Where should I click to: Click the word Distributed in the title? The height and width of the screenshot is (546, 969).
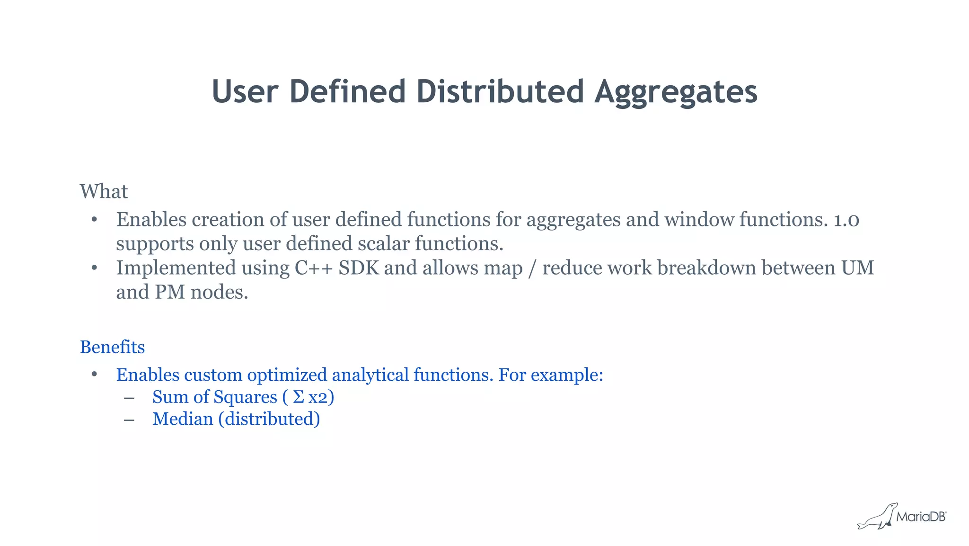coord(500,91)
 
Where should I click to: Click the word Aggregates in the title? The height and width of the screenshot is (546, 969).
coord(676,92)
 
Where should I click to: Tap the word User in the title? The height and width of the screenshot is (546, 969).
coord(245,91)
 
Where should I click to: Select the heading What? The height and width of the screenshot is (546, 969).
coord(104,192)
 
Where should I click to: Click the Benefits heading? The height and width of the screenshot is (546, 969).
coord(112,347)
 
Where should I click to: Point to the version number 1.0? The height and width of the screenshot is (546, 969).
coord(846,220)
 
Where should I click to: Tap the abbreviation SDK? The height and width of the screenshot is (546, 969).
coord(359,268)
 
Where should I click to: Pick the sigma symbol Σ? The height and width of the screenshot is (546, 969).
coord(298,397)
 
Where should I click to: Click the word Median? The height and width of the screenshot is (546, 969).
coord(183,419)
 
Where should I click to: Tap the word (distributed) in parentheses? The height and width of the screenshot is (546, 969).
coord(269,419)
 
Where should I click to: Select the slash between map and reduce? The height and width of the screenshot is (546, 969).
coord(532,269)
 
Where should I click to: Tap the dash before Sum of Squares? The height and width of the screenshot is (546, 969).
coord(129,398)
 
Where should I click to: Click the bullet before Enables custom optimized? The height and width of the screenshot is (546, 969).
coord(94,375)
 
